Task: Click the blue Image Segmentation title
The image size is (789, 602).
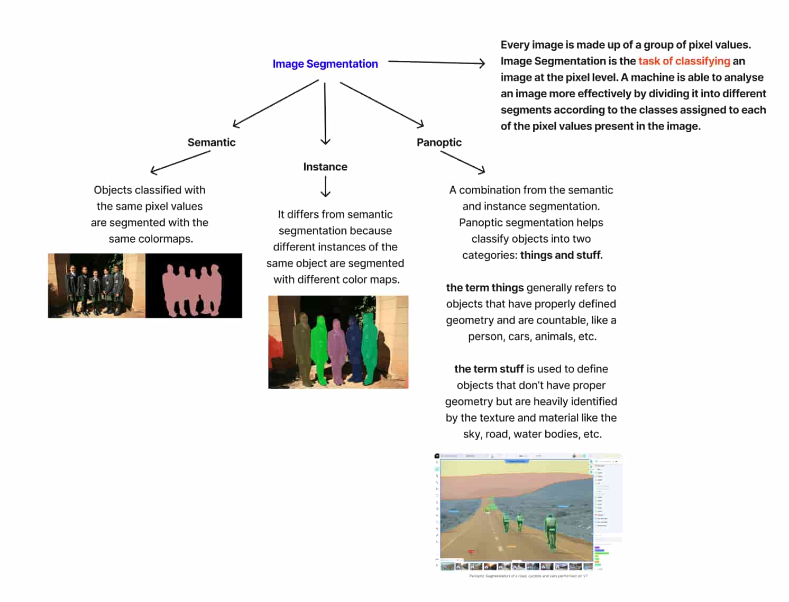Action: coord(325,64)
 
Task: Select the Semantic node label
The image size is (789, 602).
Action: coord(212,142)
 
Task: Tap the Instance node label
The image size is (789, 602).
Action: coord(325,167)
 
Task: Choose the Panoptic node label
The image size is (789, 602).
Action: coord(439,142)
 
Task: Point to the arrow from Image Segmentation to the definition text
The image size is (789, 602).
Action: coord(436,62)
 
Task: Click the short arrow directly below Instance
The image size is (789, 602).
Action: coord(326,187)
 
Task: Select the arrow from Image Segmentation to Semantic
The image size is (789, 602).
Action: coord(275,104)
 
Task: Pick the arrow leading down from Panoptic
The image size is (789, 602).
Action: coord(463,162)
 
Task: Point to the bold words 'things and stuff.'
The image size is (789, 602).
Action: coord(561,256)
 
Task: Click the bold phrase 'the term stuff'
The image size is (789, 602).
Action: coord(489,369)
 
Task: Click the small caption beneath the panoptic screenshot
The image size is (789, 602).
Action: coord(528,576)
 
